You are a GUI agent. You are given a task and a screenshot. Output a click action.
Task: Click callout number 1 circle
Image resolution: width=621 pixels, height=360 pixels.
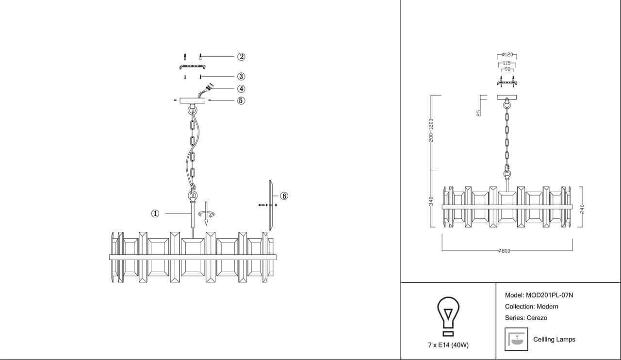pos(155,213)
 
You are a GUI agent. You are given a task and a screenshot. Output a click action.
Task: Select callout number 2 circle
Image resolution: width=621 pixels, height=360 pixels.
pos(241,57)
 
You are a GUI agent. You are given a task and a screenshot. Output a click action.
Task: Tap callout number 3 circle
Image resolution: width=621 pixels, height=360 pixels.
pos(241,76)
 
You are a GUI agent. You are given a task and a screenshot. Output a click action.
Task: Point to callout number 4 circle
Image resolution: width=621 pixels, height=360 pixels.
pos(241,89)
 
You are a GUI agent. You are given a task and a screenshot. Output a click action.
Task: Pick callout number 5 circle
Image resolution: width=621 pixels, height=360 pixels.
pos(241,100)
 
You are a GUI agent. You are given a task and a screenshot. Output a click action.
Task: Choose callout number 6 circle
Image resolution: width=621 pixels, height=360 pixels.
pos(284,196)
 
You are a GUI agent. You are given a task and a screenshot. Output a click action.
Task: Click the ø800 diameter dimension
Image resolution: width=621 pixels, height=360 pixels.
pos(504,251)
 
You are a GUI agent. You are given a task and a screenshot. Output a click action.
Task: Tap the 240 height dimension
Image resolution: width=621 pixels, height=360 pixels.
pos(582,209)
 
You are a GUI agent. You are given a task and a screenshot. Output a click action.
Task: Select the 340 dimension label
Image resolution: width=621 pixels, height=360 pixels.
pos(431,201)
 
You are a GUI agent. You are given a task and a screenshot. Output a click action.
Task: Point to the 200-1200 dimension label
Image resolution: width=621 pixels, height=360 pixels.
pos(431,131)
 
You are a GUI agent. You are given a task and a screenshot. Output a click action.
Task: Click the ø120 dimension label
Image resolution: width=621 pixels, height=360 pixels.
pos(507,55)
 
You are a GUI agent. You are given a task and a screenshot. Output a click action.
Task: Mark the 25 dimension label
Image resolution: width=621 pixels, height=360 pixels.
pos(479,113)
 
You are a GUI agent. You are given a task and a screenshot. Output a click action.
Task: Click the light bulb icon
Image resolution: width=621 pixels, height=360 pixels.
pos(448,316)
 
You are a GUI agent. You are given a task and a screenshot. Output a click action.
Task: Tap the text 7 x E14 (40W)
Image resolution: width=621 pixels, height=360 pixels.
pos(448,345)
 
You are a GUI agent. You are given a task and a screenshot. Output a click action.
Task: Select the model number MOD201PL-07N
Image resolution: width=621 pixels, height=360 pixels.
pos(550,295)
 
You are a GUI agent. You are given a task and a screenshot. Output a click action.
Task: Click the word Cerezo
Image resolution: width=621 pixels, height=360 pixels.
pos(537,318)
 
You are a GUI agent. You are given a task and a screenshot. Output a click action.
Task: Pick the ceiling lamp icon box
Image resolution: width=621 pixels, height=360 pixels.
pos(516,339)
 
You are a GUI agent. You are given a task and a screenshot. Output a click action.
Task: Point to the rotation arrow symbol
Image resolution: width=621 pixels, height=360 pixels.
pos(207,213)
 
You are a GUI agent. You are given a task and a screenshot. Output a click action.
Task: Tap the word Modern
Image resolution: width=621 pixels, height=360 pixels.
pos(548,307)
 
